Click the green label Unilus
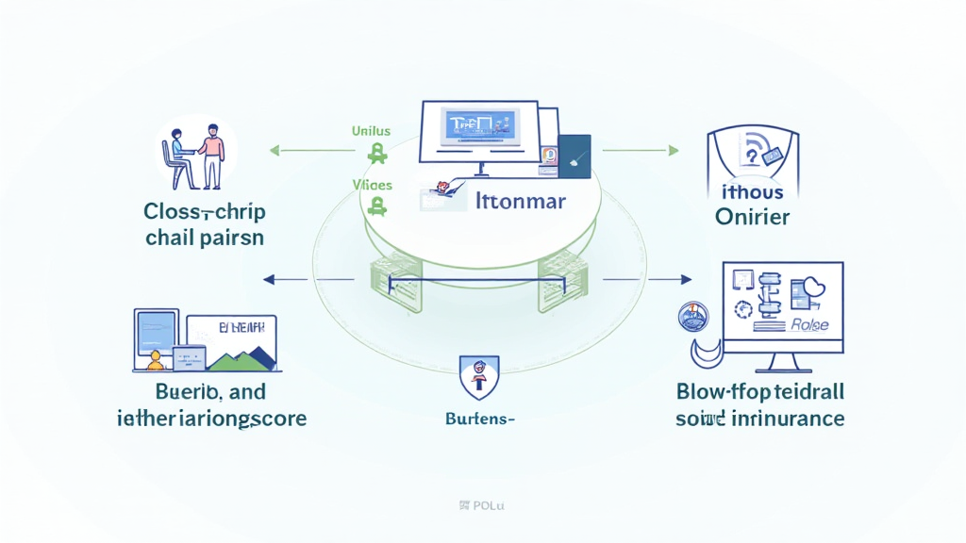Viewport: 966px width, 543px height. click(370, 131)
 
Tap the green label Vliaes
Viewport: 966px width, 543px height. click(373, 186)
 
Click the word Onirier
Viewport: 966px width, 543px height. click(752, 218)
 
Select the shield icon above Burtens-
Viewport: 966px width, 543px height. click(478, 374)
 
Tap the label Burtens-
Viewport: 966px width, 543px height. click(479, 417)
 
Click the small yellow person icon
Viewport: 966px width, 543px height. click(156, 360)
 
